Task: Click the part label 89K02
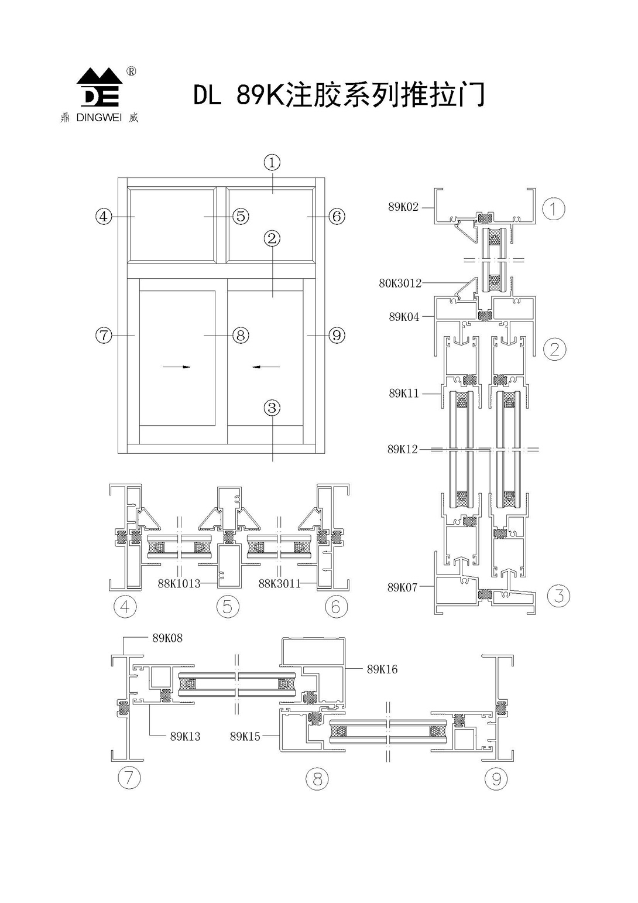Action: pyautogui.click(x=403, y=207)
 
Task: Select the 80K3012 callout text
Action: pyautogui.click(x=400, y=283)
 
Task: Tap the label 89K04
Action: pyautogui.click(x=404, y=317)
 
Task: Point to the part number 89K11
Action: pyautogui.click(x=404, y=394)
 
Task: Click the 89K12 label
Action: pyautogui.click(x=403, y=449)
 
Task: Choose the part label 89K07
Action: pyautogui.click(x=403, y=587)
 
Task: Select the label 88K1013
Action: pyautogui.click(x=179, y=583)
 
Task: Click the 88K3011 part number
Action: pyautogui.click(x=279, y=583)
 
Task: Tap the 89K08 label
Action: pyautogui.click(x=167, y=638)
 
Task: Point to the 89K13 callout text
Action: pyautogui.click(x=185, y=737)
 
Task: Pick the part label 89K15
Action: pyautogui.click(x=245, y=737)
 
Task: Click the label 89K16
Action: pyautogui.click(x=382, y=669)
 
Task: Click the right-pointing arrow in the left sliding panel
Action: pyautogui.click(x=177, y=367)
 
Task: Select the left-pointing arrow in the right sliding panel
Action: pyautogui.click(x=266, y=367)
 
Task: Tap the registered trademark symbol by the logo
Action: pyautogui.click(x=132, y=71)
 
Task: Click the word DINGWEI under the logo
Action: pyautogui.click(x=100, y=118)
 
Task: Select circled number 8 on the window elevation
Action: pyautogui.click(x=241, y=336)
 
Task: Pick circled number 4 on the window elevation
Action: pyautogui.click(x=104, y=217)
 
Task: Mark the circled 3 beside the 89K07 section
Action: pyautogui.click(x=559, y=596)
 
